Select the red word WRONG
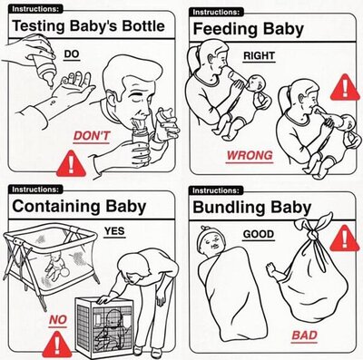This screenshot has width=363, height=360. coord(250,155)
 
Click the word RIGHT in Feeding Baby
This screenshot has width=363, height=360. coord(259,55)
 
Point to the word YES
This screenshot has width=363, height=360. coord(114,231)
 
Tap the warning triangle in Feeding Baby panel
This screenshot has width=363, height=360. coord(343,87)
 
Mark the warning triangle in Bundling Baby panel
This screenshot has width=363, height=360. coord(343,238)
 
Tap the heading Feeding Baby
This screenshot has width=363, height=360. coord(248,30)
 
